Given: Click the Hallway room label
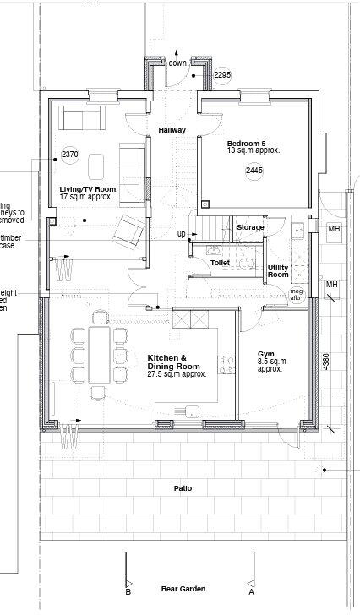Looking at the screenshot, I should [x=172, y=130].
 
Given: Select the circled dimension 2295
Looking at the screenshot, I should [x=221, y=75].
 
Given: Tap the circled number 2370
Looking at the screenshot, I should [x=69, y=155].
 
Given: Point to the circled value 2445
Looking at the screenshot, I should [x=254, y=171].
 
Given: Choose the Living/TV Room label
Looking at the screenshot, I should [x=87, y=189].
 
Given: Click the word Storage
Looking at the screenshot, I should [x=250, y=227].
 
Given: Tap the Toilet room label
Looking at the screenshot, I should [x=221, y=264].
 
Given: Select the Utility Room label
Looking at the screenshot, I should [x=278, y=271].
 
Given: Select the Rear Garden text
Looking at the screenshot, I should [x=183, y=589].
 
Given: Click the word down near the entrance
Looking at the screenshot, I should [x=177, y=63].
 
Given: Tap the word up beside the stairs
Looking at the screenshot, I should [x=181, y=234].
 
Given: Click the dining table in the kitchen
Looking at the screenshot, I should [x=100, y=355].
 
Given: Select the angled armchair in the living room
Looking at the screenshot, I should [x=128, y=231].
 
